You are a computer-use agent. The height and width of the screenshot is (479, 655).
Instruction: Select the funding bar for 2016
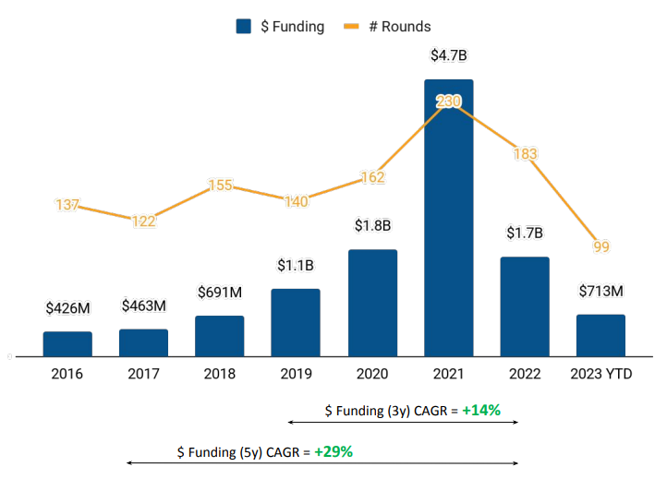click(x=67, y=343)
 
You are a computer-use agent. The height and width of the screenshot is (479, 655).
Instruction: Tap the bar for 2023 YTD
click(x=600, y=335)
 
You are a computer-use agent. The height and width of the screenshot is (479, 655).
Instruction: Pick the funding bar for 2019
click(x=296, y=322)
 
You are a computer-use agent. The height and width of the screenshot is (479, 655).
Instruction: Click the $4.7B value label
click(x=449, y=55)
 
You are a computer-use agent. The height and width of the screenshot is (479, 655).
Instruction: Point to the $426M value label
click(x=67, y=308)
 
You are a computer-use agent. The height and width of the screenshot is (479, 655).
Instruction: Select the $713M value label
click(x=600, y=292)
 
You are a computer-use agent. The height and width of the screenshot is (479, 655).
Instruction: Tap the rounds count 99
click(x=601, y=246)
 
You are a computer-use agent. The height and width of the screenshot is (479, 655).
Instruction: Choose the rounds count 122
click(x=144, y=222)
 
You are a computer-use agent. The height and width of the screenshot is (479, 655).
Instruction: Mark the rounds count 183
click(x=525, y=154)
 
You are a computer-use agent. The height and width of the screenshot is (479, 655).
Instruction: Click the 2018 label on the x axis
click(x=220, y=374)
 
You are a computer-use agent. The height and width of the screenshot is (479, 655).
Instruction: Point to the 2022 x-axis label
click(x=525, y=374)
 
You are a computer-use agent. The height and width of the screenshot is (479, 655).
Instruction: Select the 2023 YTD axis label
click(x=600, y=374)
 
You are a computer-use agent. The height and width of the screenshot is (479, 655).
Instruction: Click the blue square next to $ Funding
click(x=244, y=27)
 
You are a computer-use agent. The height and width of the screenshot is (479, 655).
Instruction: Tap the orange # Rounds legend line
click(x=350, y=27)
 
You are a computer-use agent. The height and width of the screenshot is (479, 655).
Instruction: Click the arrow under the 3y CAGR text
click(x=403, y=423)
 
